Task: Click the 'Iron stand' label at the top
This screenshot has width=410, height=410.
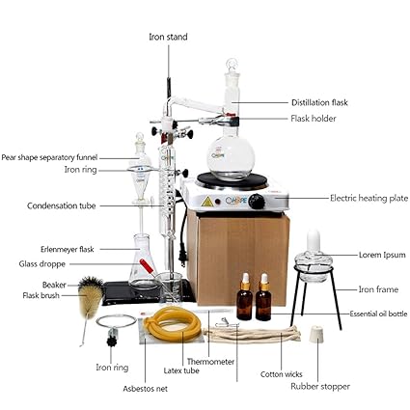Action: [x=168, y=37]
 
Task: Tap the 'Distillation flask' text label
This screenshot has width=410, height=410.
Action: [x=319, y=102]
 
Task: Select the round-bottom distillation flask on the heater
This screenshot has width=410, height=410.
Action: [x=231, y=153]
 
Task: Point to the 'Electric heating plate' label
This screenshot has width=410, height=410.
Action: [x=369, y=198]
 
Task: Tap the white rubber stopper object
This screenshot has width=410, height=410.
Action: [x=314, y=335]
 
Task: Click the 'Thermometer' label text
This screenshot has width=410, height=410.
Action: [x=210, y=362]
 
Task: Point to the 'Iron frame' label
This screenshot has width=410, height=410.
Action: [x=378, y=288]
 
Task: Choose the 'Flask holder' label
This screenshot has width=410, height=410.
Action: [x=314, y=119]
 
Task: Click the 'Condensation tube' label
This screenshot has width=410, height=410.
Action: [x=61, y=205]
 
